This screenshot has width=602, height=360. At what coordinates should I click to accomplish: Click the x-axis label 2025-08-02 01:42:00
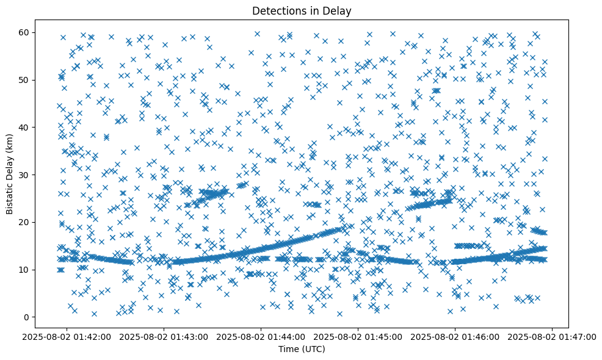pyautogui.click(x=67, y=336)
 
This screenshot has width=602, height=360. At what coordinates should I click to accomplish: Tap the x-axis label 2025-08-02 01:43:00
pyautogui.click(x=164, y=336)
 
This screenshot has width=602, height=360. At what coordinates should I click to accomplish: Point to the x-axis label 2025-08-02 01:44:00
pyautogui.click(x=261, y=336)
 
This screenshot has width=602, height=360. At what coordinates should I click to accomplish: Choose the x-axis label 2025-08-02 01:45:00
pyautogui.click(x=358, y=336)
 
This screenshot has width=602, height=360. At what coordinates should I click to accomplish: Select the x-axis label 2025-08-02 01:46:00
pyautogui.click(x=455, y=336)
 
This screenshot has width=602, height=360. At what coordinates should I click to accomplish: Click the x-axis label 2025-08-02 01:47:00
pyautogui.click(x=553, y=336)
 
